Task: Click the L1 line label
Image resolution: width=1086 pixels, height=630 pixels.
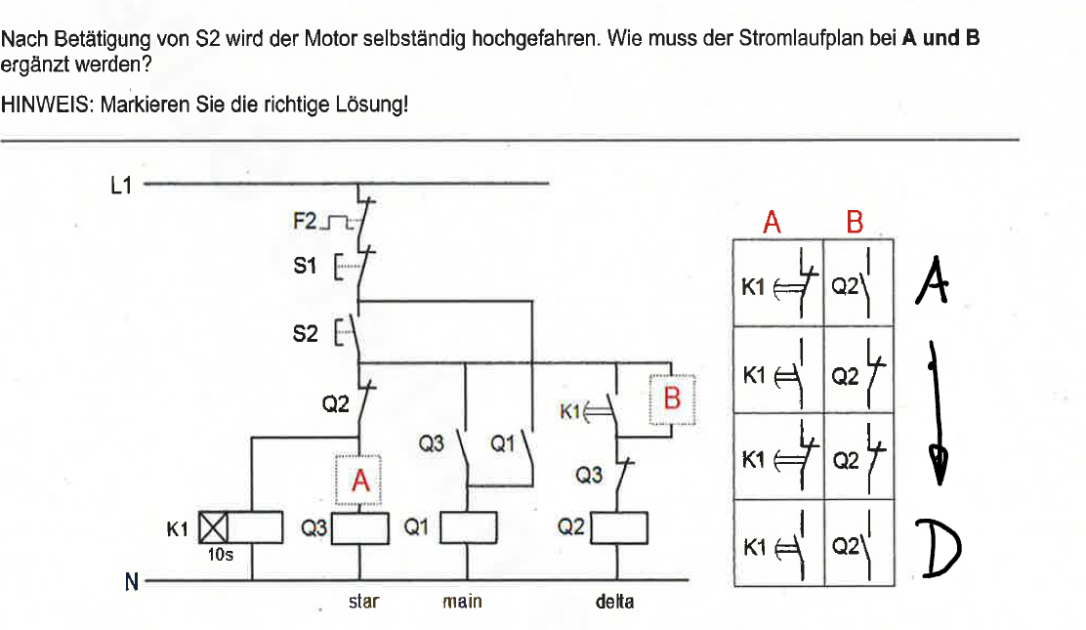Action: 120,184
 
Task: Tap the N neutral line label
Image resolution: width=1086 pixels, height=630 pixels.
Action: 130,582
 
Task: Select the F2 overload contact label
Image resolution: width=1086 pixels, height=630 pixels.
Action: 305,222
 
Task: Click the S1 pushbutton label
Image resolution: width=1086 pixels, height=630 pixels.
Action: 305,265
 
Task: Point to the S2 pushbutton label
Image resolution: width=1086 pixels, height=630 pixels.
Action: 305,333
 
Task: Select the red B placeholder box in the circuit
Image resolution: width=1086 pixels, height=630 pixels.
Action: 673,399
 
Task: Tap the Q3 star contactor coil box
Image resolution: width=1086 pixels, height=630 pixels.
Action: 362,528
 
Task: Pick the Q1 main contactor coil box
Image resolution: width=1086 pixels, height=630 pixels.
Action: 470,528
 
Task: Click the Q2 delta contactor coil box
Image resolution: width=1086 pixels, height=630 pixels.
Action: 620,527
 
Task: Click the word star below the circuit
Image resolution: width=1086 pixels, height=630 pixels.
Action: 363,602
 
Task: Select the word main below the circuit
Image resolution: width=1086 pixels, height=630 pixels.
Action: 462,602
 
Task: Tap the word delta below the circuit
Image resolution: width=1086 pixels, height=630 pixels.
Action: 614,602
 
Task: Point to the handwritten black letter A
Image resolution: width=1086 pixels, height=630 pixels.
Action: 932,283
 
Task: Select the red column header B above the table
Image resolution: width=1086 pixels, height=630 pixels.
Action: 855,224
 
